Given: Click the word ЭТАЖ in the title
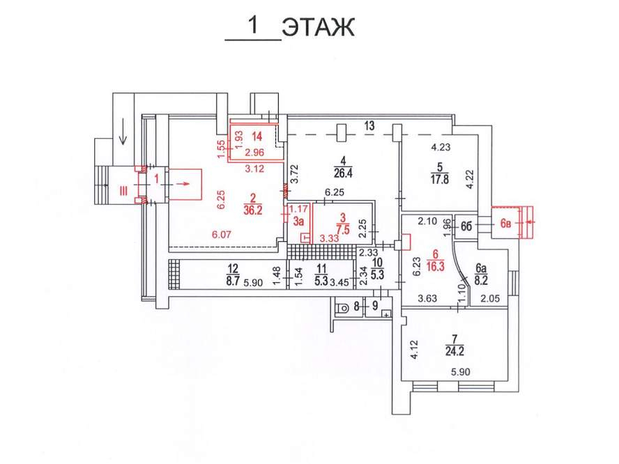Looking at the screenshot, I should click(x=318, y=28).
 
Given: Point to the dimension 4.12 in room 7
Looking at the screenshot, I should click(x=413, y=348).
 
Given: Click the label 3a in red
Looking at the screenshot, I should click(x=298, y=222).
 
